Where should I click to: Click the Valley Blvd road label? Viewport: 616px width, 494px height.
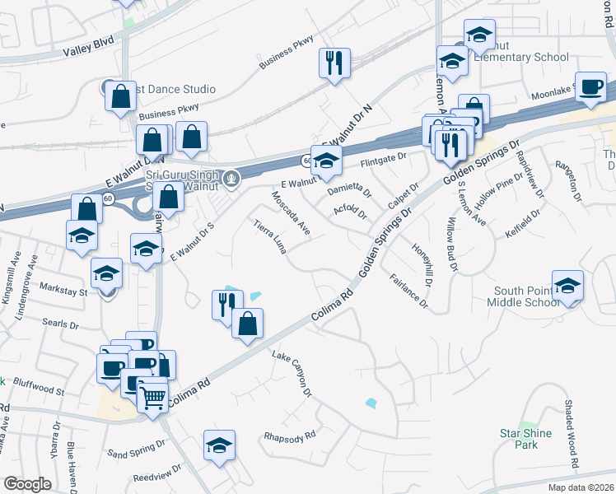pos(88,50)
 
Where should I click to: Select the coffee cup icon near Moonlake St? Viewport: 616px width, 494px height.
pos(591,87)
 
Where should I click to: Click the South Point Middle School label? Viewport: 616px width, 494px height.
pos(528,296)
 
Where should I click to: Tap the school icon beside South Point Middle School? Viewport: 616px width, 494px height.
pos(567,286)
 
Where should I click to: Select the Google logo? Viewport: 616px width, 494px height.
pos(27,483)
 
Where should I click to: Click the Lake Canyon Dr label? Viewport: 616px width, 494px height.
pos(293,375)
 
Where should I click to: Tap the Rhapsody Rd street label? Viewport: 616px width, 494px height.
pos(289,436)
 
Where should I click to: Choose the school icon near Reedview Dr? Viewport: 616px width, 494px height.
pos(219,446)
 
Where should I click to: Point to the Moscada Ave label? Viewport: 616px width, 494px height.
pos(291,213)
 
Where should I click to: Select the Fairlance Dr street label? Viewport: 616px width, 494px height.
pos(409,291)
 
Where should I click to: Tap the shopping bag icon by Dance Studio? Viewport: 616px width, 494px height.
pos(121,95)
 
